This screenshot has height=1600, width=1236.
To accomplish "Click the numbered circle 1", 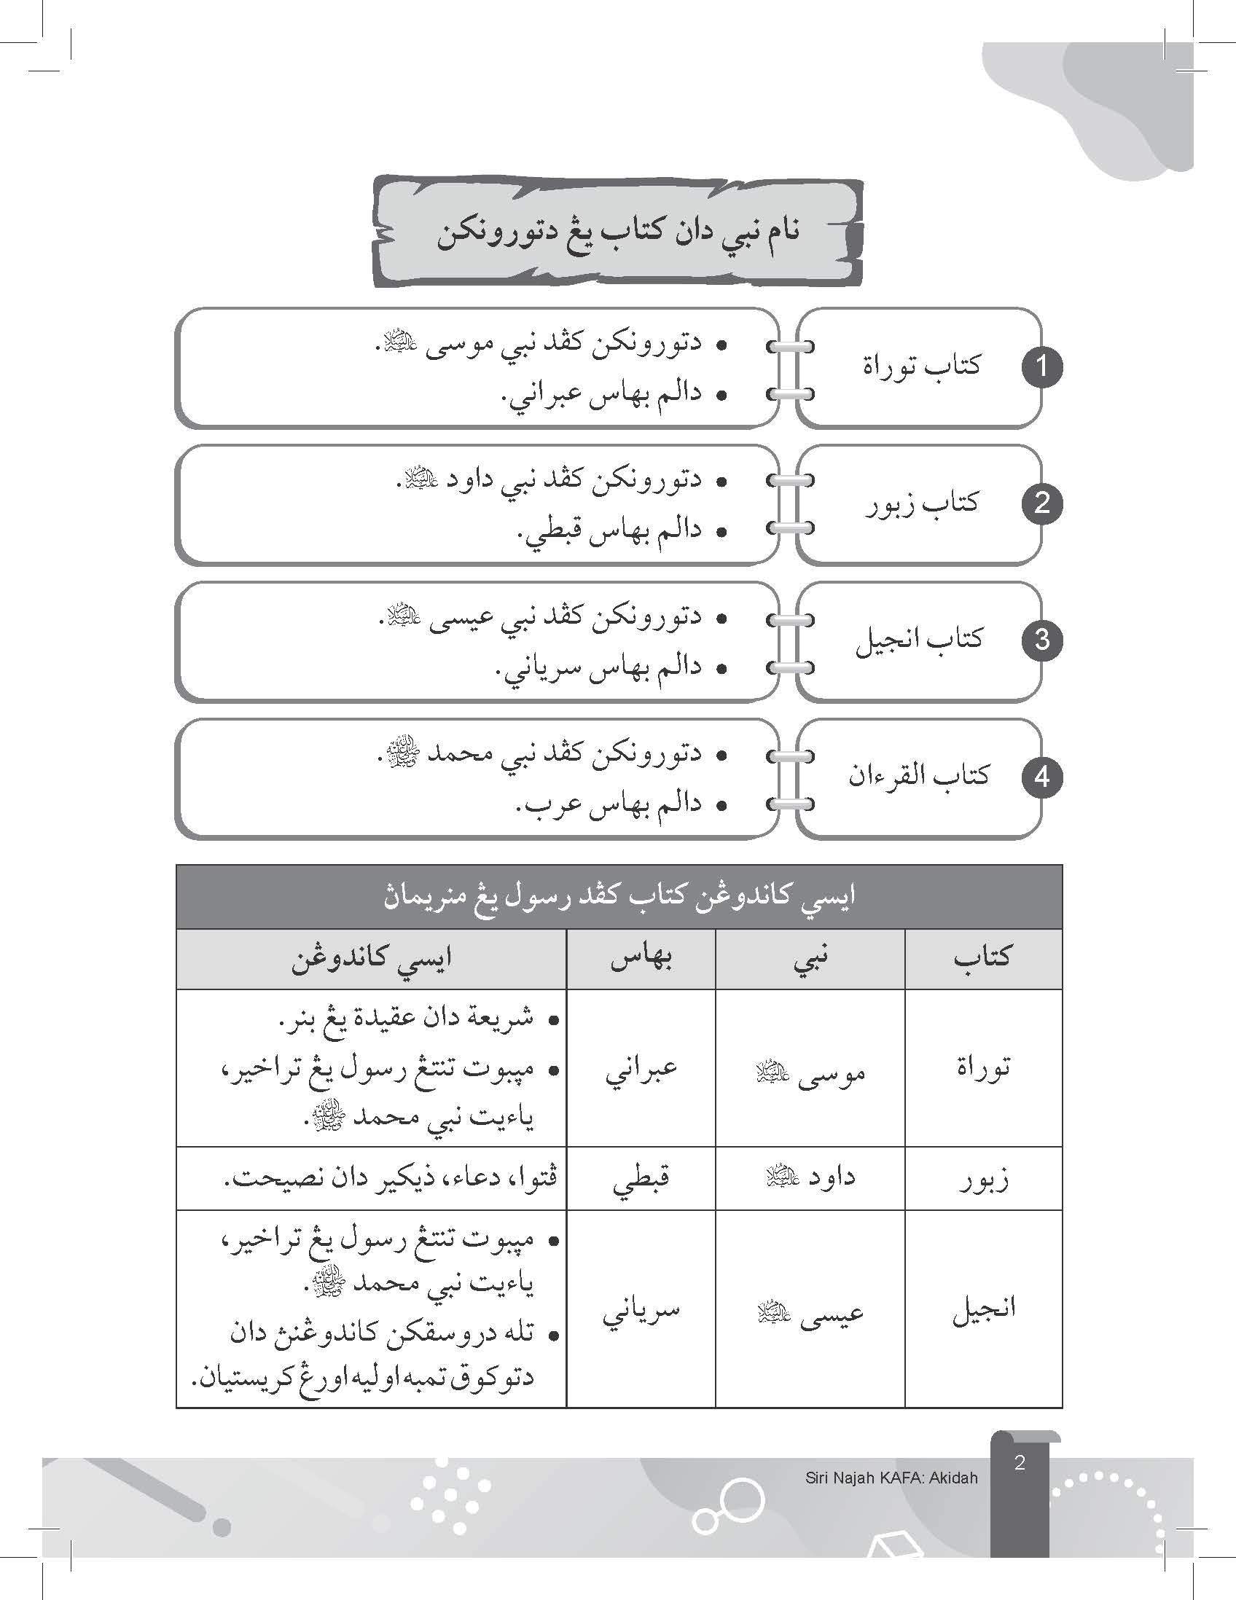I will [x=1041, y=366].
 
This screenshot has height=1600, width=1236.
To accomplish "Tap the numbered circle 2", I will [x=1041, y=503].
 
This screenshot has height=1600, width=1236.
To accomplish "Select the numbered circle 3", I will [x=1041, y=640].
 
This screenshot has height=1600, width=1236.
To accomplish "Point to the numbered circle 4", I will [x=1041, y=777].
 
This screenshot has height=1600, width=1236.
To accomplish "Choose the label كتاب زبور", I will [x=921, y=503].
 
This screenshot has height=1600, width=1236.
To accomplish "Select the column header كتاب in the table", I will [x=982, y=958].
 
